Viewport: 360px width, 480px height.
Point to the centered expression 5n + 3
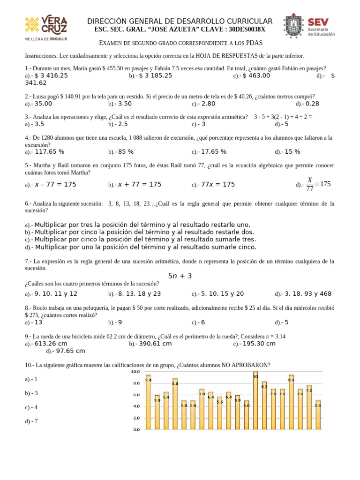pyautogui.click(x=180, y=276)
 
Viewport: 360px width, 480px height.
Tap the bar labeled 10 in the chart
pyautogui.click(x=255, y=400)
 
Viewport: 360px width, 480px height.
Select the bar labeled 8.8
pyautogui.click(x=175, y=404)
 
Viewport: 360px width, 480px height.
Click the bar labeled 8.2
pyautogui.click(x=264, y=405)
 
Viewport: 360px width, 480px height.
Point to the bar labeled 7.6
pyautogui.click(x=309, y=407)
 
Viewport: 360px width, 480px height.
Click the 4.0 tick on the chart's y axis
pyautogui.click(x=136, y=406)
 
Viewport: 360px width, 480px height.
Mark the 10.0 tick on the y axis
pyautogui.click(x=135, y=371)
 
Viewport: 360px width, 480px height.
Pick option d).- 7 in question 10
pyautogui.click(x=31, y=421)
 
